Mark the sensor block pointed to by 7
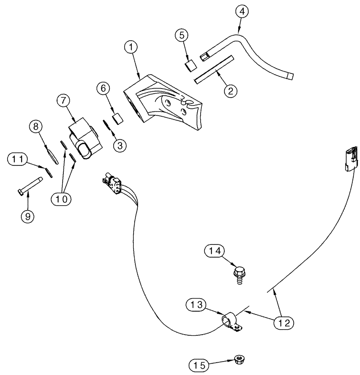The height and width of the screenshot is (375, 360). click(84, 141)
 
